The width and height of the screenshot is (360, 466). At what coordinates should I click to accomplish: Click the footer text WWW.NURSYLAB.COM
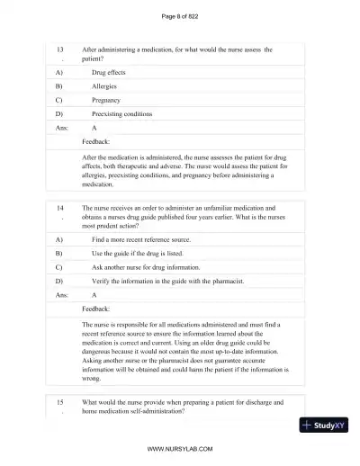pyautogui.click(x=180, y=447)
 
